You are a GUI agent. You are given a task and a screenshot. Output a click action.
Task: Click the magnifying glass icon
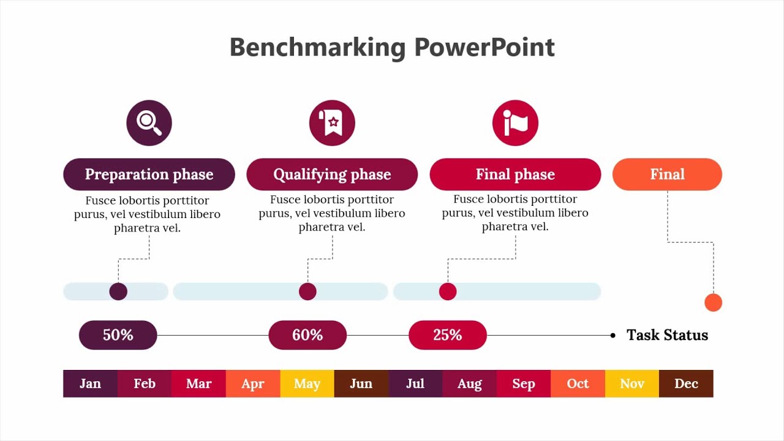tap(149, 123)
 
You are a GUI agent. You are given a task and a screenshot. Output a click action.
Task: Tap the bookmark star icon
tap(332, 123)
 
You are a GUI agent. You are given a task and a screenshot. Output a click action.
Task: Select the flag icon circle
tap(515, 123)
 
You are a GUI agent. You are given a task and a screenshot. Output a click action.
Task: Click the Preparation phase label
tap(149, 175)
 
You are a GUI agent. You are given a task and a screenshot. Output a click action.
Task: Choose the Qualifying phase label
tap(332, 175)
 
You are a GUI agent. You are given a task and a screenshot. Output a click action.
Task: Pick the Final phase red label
tap(515, 175)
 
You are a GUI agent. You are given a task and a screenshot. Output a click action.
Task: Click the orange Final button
tap(667, 175)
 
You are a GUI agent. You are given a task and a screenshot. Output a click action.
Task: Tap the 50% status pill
tap(118, 335)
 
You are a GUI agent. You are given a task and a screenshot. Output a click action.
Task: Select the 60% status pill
tap(307, 335)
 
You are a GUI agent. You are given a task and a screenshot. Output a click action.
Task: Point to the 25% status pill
tap(448, 335)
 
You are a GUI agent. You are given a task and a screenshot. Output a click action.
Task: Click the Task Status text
tap(667, 335)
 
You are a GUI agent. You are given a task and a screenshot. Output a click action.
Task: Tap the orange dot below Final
tap(713, 303)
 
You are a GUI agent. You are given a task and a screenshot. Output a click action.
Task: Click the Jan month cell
tap(90, 383)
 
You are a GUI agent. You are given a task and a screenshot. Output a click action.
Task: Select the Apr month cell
tap(253, 383)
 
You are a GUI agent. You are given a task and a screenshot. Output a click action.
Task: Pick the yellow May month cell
tap(307, 383)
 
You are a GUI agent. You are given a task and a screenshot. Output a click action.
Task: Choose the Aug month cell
tap(469, 383)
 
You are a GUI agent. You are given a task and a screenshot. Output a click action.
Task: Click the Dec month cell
tap(686, 383)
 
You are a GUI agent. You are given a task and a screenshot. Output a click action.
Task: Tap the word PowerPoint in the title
tap(484, 47)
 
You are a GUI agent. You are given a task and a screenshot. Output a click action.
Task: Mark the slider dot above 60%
tap(307, 292)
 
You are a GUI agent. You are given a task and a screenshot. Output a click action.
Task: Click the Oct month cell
tap(578, 383)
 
